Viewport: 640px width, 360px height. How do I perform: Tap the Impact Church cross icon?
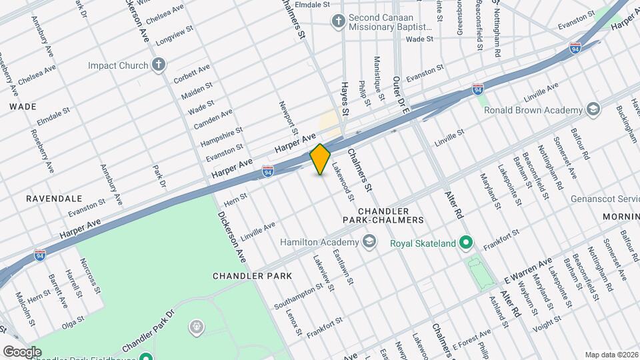click(x=158, y=65)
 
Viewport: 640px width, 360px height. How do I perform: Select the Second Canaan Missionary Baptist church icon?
click(x=339, y=21)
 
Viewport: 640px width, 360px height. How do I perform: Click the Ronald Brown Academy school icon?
click(x=593, y=109)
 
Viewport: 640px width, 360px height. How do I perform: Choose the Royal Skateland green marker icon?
click(x=467, y=242)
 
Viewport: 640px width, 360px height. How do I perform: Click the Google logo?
click(x=22, y=351)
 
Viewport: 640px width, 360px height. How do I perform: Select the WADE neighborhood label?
click(x=22, y=106)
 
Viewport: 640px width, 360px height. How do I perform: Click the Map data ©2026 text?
click(x=611, y=354)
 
